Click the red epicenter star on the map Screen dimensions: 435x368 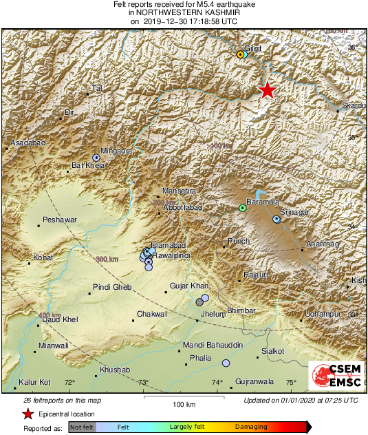click(267, 90)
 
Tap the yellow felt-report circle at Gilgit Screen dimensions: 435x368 click(240, 54)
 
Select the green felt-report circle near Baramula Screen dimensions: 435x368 click(242, 208)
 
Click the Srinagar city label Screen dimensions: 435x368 click(295, 212)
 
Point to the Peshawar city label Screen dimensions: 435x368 click(59, 220)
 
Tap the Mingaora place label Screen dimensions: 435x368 click(116, 149)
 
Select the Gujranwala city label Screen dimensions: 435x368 click(255, 381)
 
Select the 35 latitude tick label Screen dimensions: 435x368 click(354, 138)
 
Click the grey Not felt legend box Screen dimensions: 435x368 click(81, 427)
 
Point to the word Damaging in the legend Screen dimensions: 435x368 click(251, 427)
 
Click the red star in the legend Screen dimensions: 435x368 click(28, 414)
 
